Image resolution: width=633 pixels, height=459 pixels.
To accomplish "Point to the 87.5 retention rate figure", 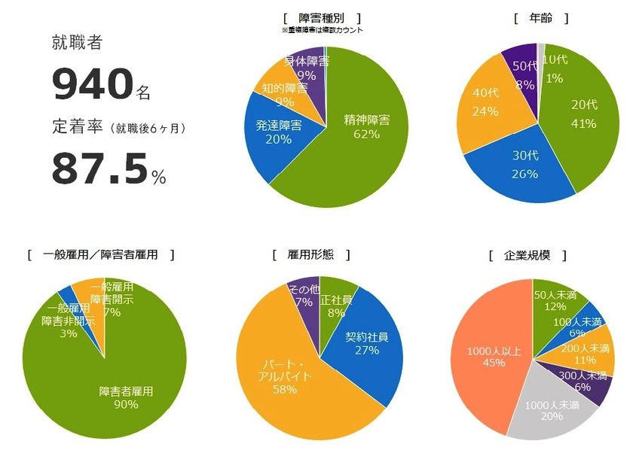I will [99, 169].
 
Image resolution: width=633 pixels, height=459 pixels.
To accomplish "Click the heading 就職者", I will [76, 43].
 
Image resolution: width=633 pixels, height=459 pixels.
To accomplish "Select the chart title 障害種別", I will [322, 17].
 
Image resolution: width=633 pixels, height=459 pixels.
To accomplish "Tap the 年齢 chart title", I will [540, 17].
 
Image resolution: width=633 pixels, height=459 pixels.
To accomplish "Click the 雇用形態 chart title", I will [310, 255].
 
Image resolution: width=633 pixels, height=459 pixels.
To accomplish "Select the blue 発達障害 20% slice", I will [271, 135].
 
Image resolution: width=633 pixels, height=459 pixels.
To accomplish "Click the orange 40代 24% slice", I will [486, 105].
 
